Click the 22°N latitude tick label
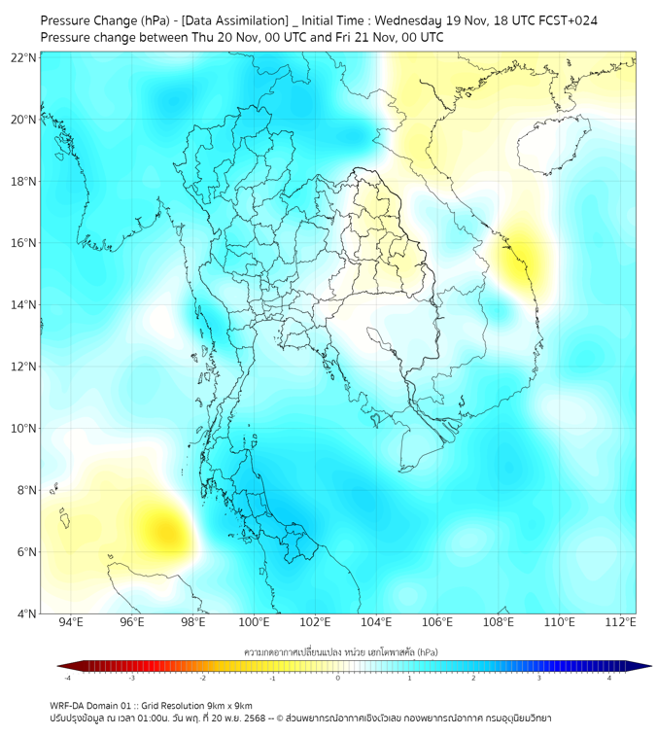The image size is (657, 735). (x=24, y=58)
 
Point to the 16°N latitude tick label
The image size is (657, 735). (x=24, y=243)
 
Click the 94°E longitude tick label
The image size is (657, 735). (x=71, y=622)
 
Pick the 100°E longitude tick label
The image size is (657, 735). (x=254, y=622)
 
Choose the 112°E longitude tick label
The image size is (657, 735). (x=621, y=622)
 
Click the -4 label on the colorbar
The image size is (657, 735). (x=67, y=678)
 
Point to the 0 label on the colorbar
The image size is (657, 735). (x=338, y=678)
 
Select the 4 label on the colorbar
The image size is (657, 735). (x=609, y=678)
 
